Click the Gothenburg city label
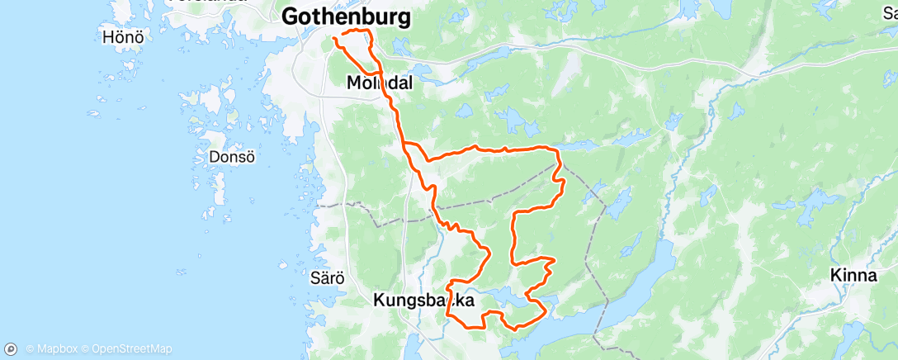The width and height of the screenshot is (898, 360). click(346, 17)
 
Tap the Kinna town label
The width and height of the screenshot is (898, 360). click(854, 276)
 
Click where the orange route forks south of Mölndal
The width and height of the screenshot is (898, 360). click(405, 145)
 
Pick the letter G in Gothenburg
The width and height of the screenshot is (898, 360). click(291, 17)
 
